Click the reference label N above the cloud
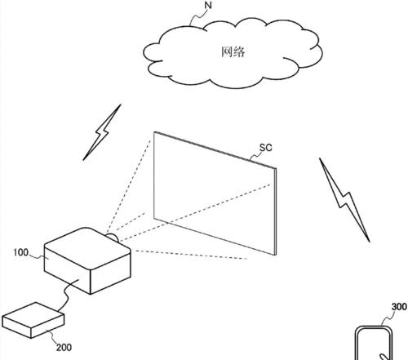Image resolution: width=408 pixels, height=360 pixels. click(x=208, y=5)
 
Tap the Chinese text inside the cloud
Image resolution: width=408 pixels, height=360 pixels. click(x=233, y=51)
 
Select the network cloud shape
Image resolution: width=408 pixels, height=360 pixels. click(x=233, y=52)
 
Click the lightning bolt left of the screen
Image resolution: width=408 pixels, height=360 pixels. click(x=102, y=132)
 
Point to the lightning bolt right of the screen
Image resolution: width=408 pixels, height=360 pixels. click(x=344, y=199)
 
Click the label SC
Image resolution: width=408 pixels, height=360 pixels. click(x=265, y=148)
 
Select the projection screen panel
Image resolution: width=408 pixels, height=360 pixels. click(x=215, y=193)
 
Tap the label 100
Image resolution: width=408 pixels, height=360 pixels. click(x=21, y=252)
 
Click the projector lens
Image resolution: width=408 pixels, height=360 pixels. click(x=113, y=237)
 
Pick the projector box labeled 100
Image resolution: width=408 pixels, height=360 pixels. click(x=87, y=261)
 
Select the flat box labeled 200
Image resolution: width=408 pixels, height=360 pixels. click(x=33, y=320)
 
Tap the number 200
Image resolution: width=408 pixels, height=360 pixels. click(x=64, y=348)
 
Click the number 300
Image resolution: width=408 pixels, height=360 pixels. click(x=399, y=307)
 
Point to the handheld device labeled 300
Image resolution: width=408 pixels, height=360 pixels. click(x=374, y=344)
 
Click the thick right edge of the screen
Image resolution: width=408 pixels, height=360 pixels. click(x=275, y=211)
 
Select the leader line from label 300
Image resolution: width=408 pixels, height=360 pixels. click(x=387, y=318)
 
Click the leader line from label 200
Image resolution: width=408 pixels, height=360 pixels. click(x=52, y=337)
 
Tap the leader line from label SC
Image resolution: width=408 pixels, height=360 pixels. click(x=255, y=157)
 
